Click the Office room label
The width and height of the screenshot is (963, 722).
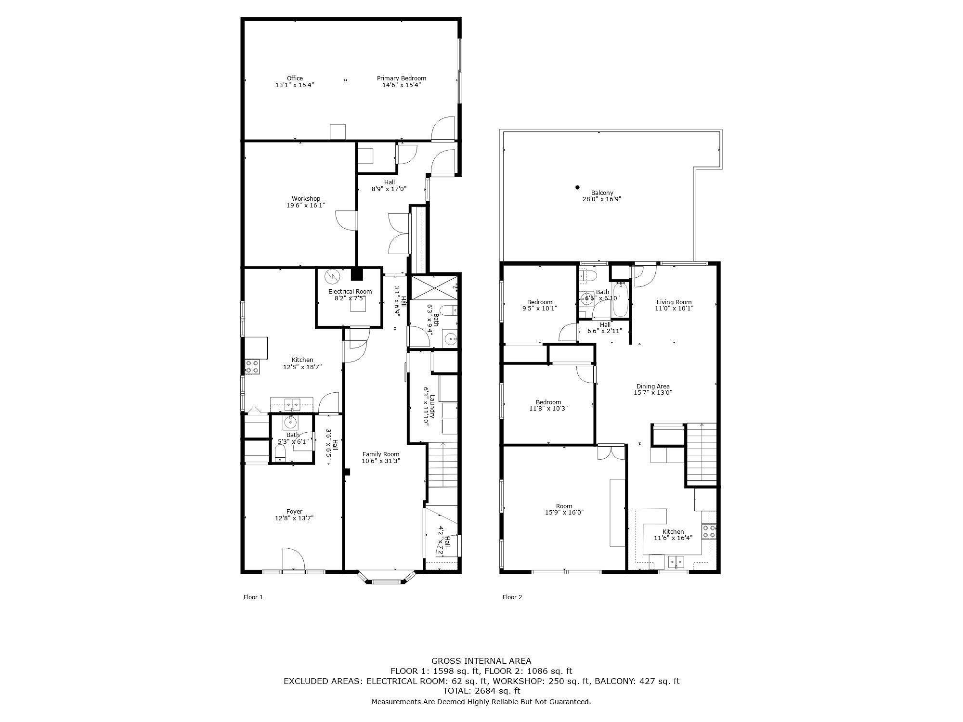(x=295, y=78)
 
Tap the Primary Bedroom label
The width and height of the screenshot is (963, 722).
(x=402, y=78)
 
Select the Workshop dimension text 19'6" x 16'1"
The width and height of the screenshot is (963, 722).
(x=306, y=206)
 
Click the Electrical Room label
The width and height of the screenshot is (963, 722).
(x=350, y=292)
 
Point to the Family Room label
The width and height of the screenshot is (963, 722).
(x=381, y=454)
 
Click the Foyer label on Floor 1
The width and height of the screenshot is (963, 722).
(x=295, y=512)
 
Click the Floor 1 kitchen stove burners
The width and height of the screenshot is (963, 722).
(x=253, y=367)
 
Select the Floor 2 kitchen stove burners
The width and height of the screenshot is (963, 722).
(x=709, y=531)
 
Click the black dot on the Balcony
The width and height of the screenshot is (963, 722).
(x=577, y=188)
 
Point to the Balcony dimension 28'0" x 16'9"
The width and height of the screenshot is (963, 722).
(x=602, y=199)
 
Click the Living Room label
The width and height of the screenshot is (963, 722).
(x=674, y=302)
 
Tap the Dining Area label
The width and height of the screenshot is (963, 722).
(x=653, y=387)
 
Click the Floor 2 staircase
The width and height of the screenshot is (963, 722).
(x=701, y=454)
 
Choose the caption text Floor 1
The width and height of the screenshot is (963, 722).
(x=253, y=597)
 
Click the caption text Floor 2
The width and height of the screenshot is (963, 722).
(x=512, y=597)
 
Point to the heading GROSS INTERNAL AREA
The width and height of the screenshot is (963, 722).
(x=481, y=661)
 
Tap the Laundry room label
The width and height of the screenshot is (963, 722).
(x=432, y=407)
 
